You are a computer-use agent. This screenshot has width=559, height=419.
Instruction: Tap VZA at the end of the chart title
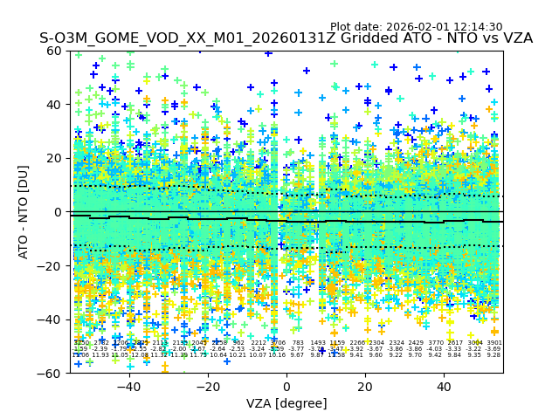click(x=515, y=39)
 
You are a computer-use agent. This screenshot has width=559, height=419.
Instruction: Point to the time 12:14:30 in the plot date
click(x=477, y=27)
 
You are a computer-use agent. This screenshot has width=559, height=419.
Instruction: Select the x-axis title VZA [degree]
click(x=286, y=403)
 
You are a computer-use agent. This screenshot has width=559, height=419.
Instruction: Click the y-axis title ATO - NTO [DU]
click(x=24, y=212)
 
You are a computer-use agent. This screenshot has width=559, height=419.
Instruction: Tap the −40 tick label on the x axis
click(x=128, y=387)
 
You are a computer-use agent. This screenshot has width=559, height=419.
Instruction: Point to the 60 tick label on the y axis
click(x=56, y=51)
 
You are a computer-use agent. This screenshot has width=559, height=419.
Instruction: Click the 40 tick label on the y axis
click(x=56, y=105)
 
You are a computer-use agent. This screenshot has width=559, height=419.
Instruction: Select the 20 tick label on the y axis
click(x=56, y=158)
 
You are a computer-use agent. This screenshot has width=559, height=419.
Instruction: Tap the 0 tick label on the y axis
click(x=59, y=212)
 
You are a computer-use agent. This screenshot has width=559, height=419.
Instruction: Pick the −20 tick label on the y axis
click(x=52, y=265)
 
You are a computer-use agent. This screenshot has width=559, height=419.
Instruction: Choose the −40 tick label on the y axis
click(x=52, y=319)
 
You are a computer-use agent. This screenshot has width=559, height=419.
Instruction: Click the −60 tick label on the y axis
click(x=52, y=373)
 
